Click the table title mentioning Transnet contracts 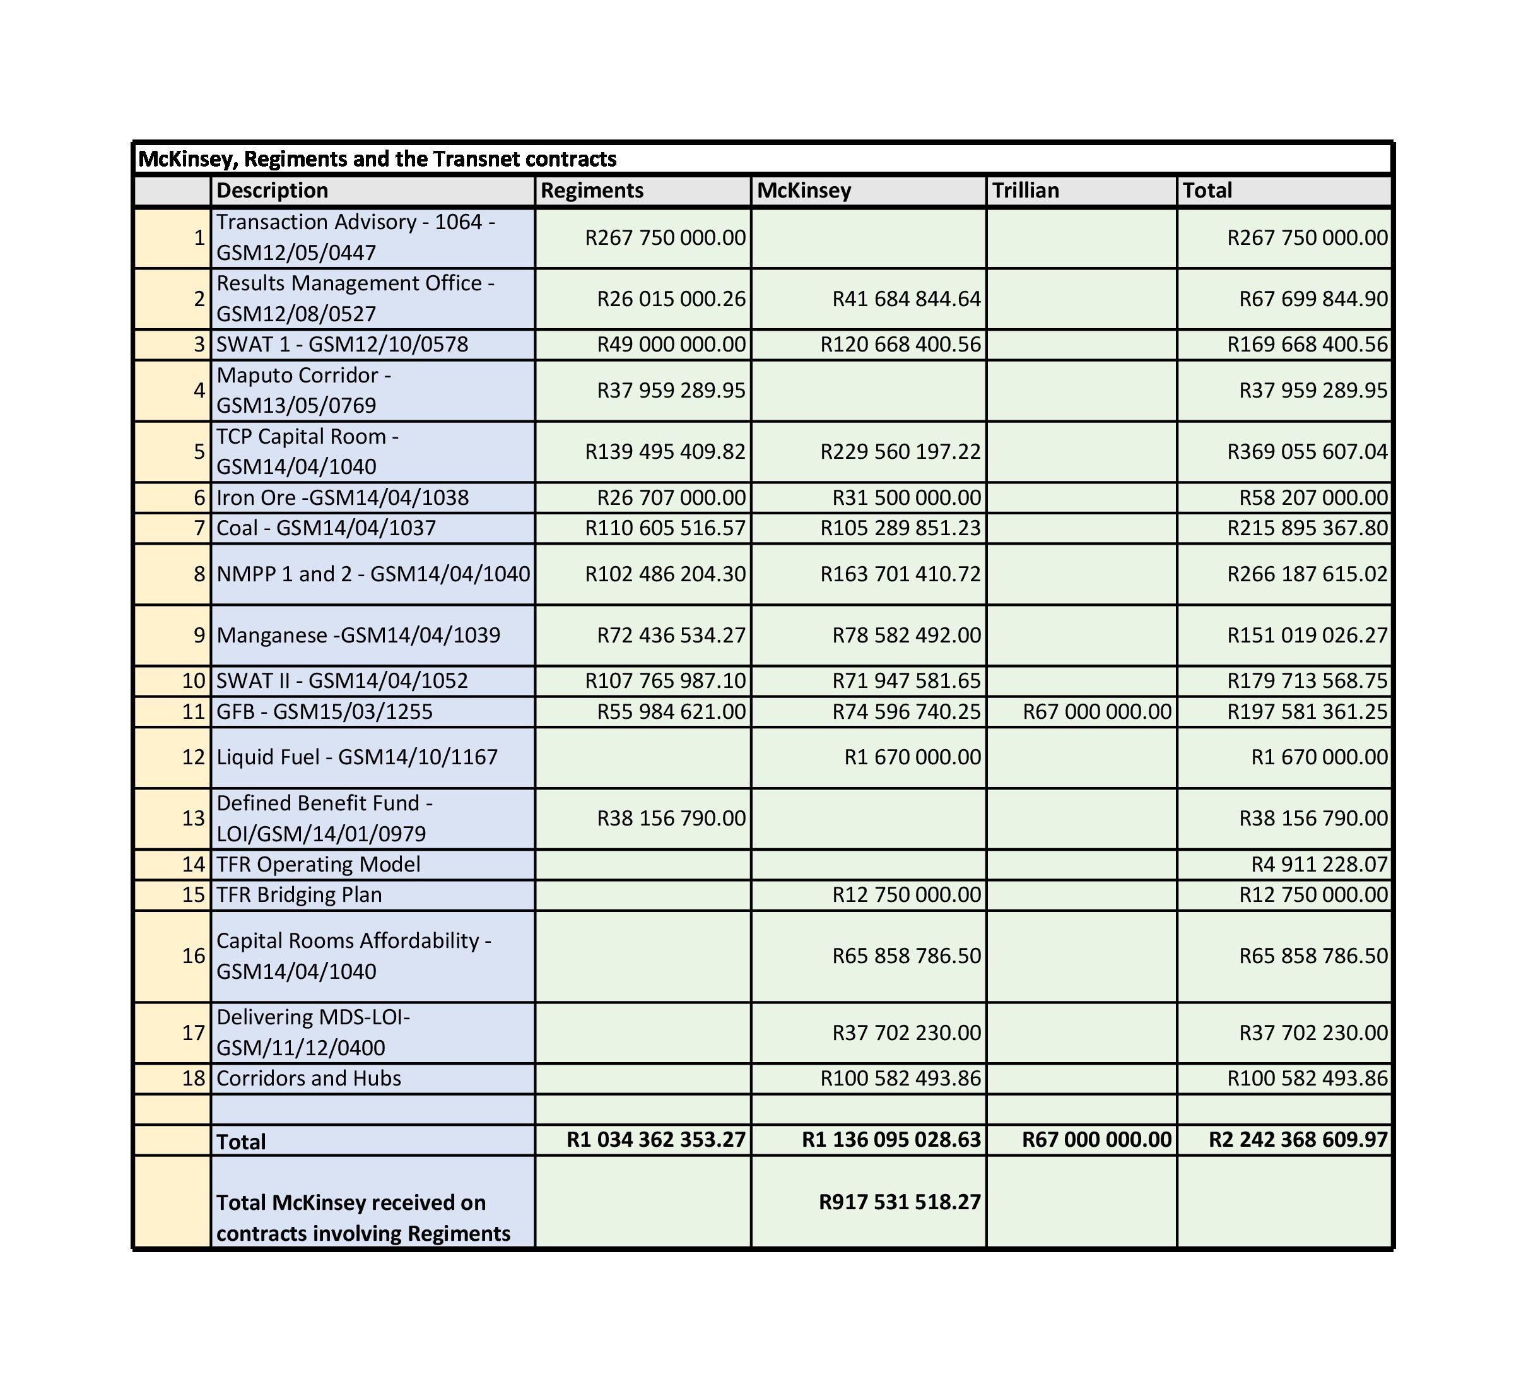pos(377,159)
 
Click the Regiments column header pos(592,190)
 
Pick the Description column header pos(272,190)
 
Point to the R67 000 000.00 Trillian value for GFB pos(1097,711)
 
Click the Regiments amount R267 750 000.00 pos(665,238)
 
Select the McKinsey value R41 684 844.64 pos(906,299)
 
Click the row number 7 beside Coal pos(199,528)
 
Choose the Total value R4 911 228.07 pos(1319,864)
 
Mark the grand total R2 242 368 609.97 pos(1298,1140)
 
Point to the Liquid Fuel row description pos(356,757)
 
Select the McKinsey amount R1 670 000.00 pos(912,757)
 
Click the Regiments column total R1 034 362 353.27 pos(655,1140)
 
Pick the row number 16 pos(194,956)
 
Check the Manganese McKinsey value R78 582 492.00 pos(906,634)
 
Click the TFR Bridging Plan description pos(299,894)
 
